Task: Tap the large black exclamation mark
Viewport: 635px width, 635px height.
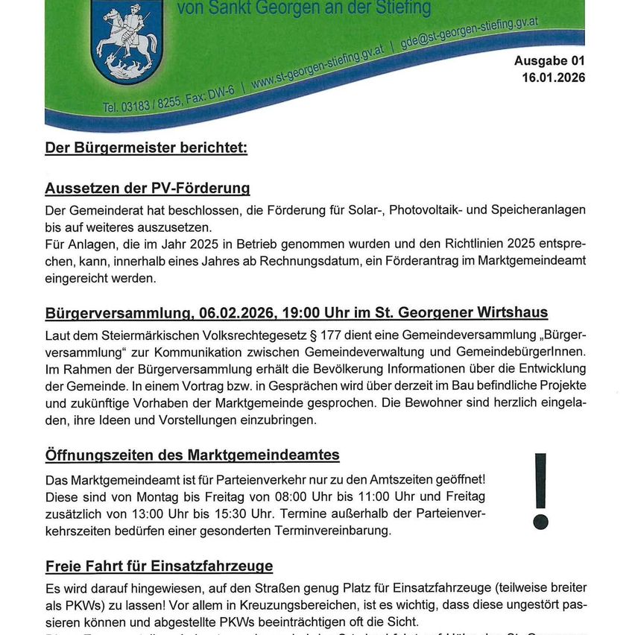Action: (x=540, y=491)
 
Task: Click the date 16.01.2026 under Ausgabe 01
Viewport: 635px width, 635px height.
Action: (x=554, y=78)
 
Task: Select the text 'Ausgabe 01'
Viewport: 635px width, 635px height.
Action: (x=549, y=62)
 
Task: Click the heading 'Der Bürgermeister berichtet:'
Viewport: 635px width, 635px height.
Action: (x=146, y=148)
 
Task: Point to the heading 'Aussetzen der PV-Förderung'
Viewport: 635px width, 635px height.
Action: (x=147, y=188)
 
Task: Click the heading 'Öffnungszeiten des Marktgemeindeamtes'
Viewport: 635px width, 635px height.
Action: (x=192, y=455)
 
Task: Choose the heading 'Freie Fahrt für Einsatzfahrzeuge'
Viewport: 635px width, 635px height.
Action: (x=159, y=566)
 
